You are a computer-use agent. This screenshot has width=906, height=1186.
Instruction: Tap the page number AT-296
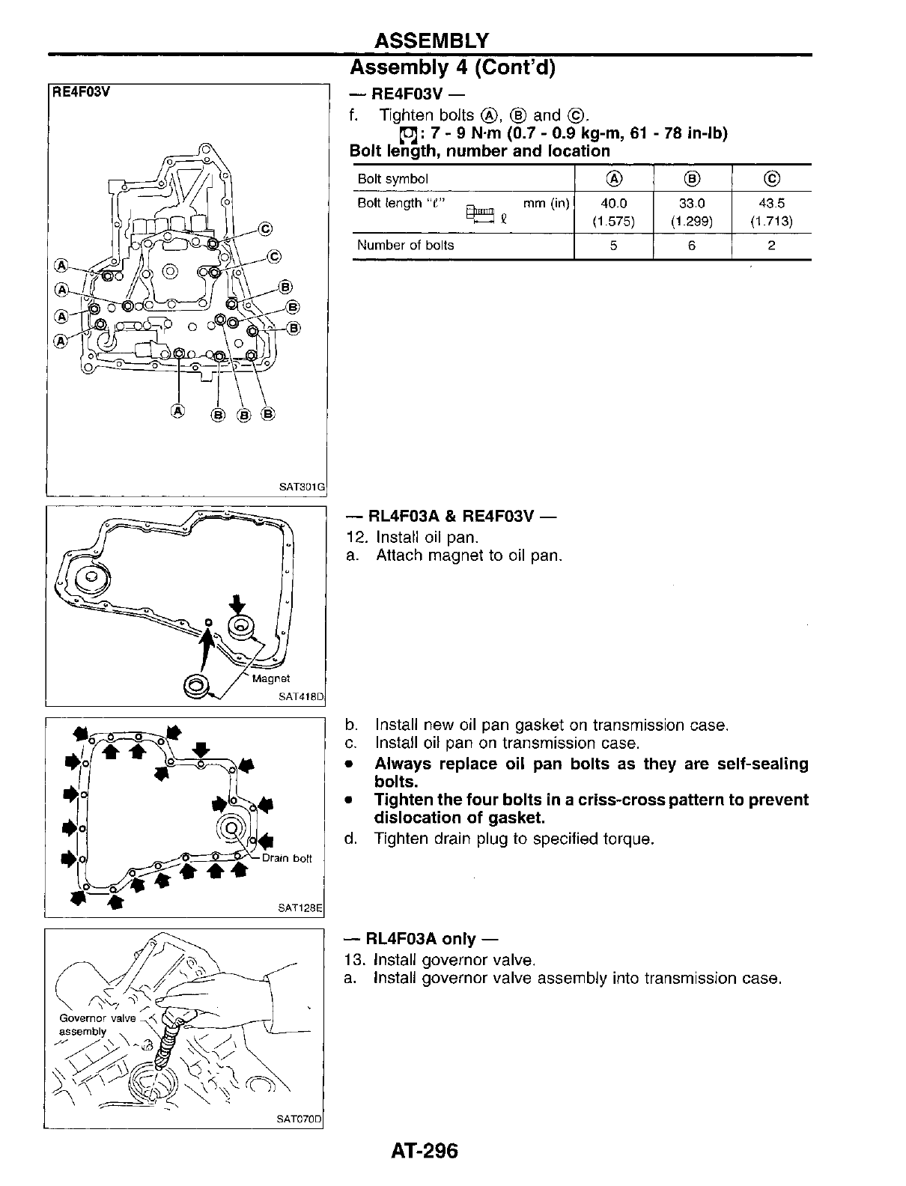[423, 1150]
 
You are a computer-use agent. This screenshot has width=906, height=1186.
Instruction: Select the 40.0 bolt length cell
[613, 204]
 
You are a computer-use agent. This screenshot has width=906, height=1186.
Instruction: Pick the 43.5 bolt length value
[771, 204]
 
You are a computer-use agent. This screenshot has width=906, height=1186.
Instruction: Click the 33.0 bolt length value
[692, 204]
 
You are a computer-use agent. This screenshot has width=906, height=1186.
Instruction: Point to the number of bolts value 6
[692, 246]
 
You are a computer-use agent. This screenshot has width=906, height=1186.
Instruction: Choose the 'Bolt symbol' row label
[393, 179]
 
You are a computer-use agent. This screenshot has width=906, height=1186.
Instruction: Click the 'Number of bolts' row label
[405, 246]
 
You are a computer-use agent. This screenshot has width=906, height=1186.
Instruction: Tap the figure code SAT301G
[302, 487]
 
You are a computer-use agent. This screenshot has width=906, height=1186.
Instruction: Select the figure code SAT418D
[300, 696]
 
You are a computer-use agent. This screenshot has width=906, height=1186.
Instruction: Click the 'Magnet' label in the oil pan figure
[271, 679]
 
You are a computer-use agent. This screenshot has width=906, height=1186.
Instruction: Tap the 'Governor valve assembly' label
[97, 1025]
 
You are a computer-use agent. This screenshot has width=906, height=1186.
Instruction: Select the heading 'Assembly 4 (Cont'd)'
[452, 68]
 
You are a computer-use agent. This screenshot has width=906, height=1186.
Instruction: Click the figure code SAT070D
[298, 1120]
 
